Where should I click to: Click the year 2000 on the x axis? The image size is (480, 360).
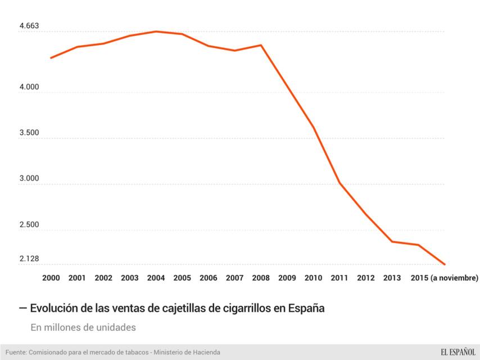point(51,278)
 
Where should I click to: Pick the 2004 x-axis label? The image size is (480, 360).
point(156,278)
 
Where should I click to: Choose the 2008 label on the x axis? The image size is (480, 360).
point(261,278)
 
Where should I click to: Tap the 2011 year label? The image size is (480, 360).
point(339,278)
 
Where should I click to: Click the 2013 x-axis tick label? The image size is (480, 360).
point(392,278)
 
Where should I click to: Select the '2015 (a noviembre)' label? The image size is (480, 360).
point(444,278)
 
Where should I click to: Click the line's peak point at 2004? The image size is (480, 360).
point(156,31)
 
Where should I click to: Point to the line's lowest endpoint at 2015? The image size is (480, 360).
point(445,264)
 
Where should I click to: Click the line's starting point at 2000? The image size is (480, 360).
point(51,57)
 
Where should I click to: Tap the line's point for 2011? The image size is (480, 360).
point(339,183)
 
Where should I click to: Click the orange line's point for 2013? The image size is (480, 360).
point(392,241)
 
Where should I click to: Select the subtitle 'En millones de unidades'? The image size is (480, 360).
point(83,327)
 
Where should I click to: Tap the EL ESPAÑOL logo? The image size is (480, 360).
point(450,352)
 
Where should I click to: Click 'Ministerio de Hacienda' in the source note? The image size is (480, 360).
point(189,352)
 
